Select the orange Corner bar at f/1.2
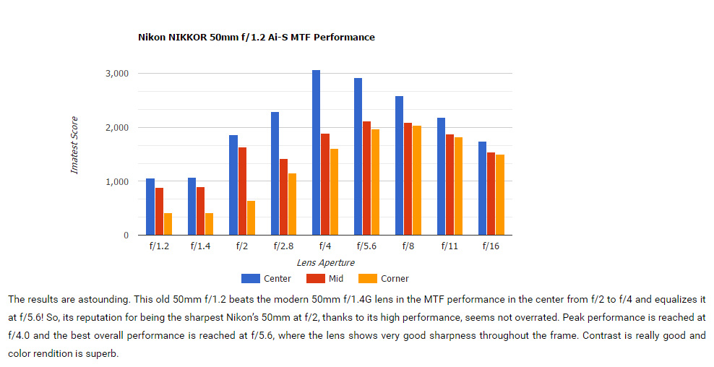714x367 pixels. coord(168,224)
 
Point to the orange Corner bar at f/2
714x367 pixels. coord(251,217)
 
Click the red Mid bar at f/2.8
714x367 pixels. coord(284,197)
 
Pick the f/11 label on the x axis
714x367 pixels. coord(450,246)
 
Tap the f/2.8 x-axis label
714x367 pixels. coord(283,246)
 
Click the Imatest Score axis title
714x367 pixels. coord(74,145)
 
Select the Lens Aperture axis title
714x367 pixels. coord(325,263)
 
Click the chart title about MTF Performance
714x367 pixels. coord(257,37)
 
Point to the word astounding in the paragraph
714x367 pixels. coord(98,298)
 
